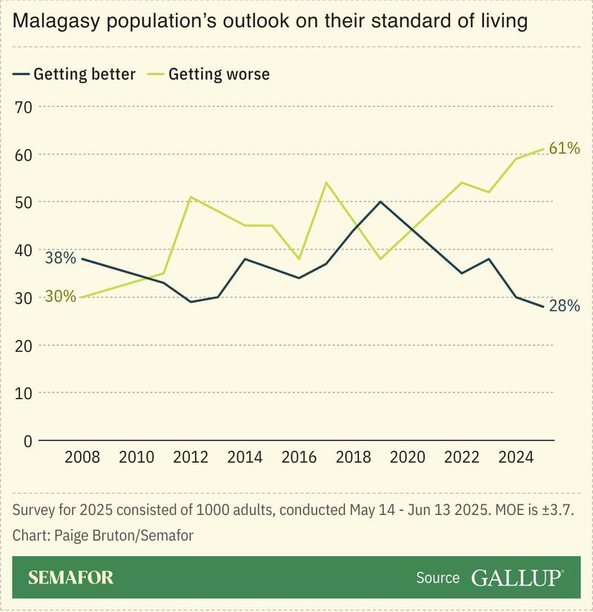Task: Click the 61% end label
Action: pyautogui.click(x=564, y=148)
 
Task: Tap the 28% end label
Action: pyautogui.click(x=564, y=305)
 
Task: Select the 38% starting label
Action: pyautogui.click(x=60, y=259)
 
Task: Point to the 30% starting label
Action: pyautogui.click(x=60, y=296)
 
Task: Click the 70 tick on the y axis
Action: pyautogui.click(x=23, y=107)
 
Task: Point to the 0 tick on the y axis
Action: pyautogui.click(x=27, y=441)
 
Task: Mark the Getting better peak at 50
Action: pyautogui.click(x=380, y=202)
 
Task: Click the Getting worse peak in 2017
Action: pyautogui.click(x=327, y=182)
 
